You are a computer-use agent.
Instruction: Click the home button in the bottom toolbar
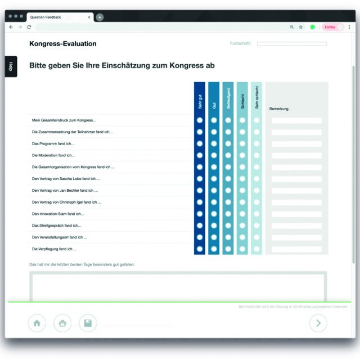coord(37,323)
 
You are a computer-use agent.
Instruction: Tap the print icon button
coord(62,323)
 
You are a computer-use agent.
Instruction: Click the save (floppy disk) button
coord(88,323)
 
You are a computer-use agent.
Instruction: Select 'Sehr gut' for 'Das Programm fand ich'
coord(200,143)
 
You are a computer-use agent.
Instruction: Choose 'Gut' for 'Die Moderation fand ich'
coord(214,155)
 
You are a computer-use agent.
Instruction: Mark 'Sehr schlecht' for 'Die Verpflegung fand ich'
coord(256,249)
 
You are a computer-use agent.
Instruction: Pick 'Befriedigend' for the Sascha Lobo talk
coord(228,178)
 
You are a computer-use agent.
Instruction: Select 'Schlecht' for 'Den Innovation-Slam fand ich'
coord(242,214)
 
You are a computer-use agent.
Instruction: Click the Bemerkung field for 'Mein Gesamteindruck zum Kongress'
coord(296,120)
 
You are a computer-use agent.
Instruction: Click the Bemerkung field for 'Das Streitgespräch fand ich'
coord(296,226)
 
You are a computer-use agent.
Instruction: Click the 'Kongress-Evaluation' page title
coord(62,44)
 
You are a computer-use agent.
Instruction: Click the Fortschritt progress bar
coord(291,44)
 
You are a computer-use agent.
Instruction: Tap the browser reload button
coord(29,27)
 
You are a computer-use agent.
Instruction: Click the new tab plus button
coord(100,17)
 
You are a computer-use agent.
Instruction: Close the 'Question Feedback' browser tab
coord(89,17)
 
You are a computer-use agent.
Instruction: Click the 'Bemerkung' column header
coord(279,109)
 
